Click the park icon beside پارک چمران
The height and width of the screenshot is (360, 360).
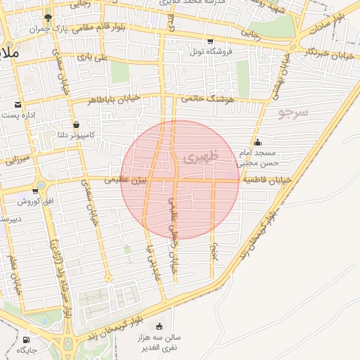click(48, 18)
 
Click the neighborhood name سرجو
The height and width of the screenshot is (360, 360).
click(293, 112)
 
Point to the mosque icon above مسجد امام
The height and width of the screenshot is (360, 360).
click(258, 143)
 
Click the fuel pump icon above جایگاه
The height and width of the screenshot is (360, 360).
click(27, 339)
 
